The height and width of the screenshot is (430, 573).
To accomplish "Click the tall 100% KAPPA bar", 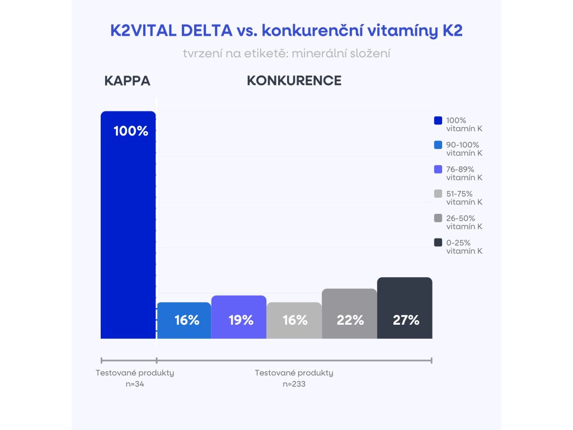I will point(128,224).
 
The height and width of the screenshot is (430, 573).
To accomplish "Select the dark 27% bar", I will point(405,308).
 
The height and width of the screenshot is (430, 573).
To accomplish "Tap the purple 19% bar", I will point(239,317).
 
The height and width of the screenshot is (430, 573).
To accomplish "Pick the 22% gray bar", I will point(350,314).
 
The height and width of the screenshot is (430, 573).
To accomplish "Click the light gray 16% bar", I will point(294,320).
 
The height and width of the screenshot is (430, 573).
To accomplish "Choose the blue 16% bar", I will point(184,320).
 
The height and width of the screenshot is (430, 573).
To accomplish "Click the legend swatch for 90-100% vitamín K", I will point(438,145).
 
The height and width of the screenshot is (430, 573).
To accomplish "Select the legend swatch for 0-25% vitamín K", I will point(438,243).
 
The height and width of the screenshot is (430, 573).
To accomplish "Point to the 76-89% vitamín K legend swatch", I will point(438,170).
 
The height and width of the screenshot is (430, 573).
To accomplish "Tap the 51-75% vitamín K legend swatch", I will point(438,194).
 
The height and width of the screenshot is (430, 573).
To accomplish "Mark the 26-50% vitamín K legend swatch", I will point(438,218).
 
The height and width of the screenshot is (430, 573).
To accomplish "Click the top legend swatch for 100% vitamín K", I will point(438,120).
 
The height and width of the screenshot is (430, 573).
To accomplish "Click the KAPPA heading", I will point(128,81).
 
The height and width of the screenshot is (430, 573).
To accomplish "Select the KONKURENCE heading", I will point(294,81).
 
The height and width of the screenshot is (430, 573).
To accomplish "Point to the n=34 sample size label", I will point(135,384).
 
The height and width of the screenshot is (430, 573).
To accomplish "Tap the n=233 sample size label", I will point(294,384).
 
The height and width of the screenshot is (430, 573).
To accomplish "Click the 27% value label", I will point(406,320).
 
